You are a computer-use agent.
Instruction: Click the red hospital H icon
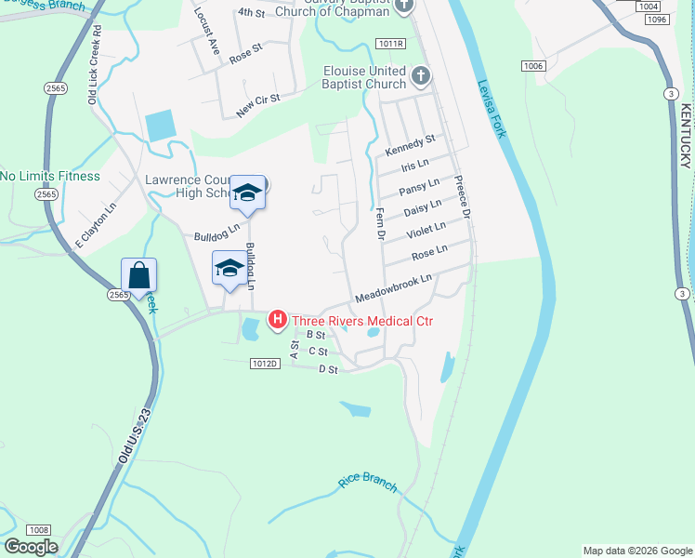277,321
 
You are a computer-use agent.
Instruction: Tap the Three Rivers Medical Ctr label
363,322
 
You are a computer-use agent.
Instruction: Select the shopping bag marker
138,275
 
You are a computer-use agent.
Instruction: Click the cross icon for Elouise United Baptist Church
421,74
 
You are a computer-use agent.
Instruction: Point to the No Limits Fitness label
50,176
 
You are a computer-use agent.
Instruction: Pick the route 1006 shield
532,65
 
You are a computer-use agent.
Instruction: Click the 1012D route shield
264,364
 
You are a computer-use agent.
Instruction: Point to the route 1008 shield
37,528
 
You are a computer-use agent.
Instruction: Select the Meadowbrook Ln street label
394,289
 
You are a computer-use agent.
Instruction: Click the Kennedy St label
410,146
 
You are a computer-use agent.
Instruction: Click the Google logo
31,547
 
